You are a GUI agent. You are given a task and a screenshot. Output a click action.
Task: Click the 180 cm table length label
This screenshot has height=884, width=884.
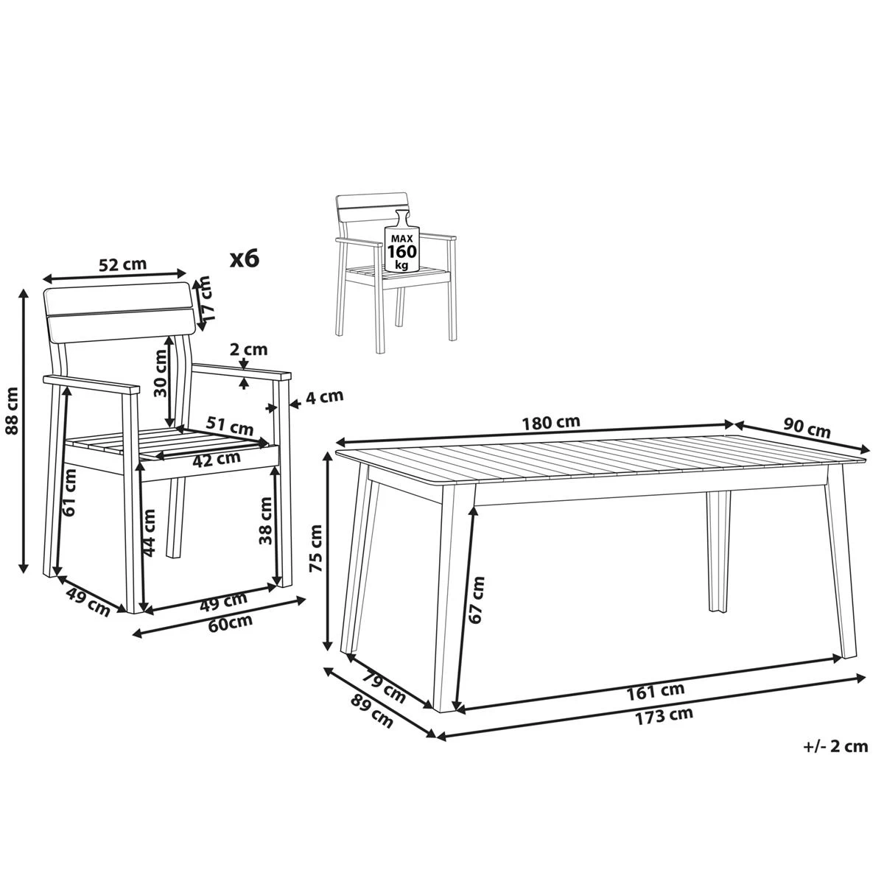(550, 422)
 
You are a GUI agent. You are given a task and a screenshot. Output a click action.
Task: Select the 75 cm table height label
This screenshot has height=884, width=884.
(316, 549)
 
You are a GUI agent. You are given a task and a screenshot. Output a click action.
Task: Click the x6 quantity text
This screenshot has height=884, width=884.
(245, 259)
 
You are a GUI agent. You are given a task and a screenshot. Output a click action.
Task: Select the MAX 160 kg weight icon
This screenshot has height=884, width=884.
(402, 241)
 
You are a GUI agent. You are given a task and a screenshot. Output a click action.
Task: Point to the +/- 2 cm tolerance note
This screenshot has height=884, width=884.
(835, 746)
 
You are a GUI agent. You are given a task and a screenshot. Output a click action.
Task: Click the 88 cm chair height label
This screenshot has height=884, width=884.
(11, 431)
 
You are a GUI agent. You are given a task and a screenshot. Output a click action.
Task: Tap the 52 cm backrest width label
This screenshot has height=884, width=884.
(123, 264)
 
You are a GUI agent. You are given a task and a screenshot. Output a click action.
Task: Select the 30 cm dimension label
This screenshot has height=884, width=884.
(160, 373)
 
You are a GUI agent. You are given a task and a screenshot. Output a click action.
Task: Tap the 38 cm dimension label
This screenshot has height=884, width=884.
(266, 520)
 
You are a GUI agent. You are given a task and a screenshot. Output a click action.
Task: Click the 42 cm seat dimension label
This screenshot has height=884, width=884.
(216, 457)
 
